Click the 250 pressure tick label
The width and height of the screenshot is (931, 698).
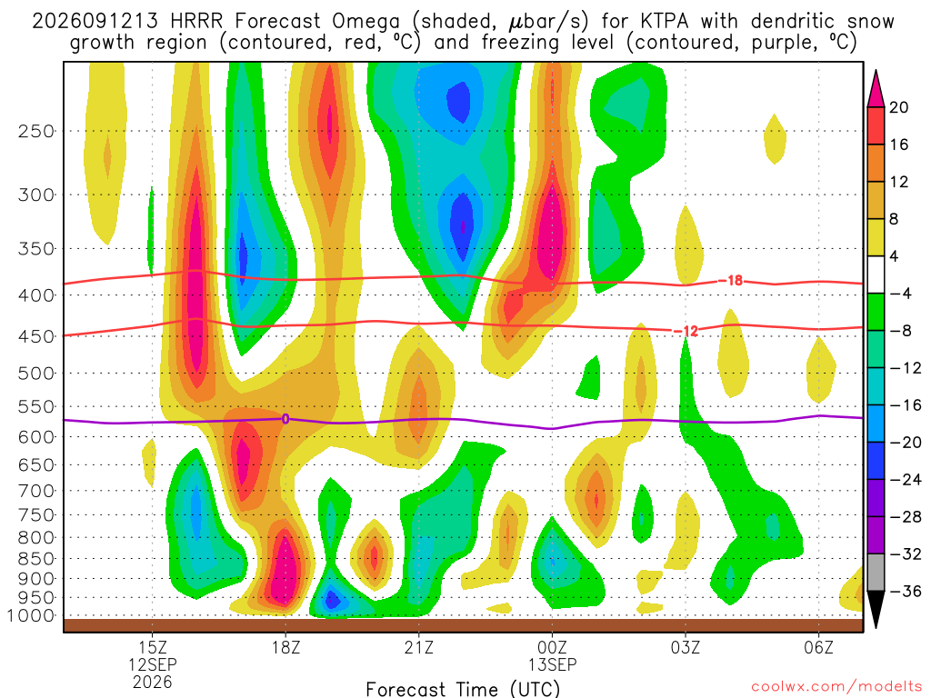click(x=35, y=131)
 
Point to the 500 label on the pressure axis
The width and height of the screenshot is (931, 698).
click(x=35, y=374)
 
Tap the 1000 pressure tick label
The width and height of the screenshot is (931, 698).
click(x=31, y=616)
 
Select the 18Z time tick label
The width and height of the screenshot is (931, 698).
click(x=285, y=647)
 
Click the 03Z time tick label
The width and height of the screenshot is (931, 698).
click(x=686, y=647)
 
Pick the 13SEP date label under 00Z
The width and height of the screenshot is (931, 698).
click(x=552, y=664)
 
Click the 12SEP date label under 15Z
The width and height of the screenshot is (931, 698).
click(x=153, y=664)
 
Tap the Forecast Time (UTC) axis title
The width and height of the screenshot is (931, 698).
click(x=463, y=689)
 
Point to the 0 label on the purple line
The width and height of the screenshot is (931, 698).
click(x=285, y=419)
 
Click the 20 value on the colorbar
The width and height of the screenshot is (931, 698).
click(x=898, y=107)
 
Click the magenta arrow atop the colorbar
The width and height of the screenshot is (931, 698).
click(x=876, y=88)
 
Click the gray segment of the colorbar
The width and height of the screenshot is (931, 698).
click(x=876, y=573)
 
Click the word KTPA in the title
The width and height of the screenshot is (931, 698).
click(x=665, y=22)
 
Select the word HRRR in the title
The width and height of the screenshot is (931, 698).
click(x=196, y=22)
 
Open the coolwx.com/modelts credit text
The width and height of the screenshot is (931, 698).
click(x=836, y=687)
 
